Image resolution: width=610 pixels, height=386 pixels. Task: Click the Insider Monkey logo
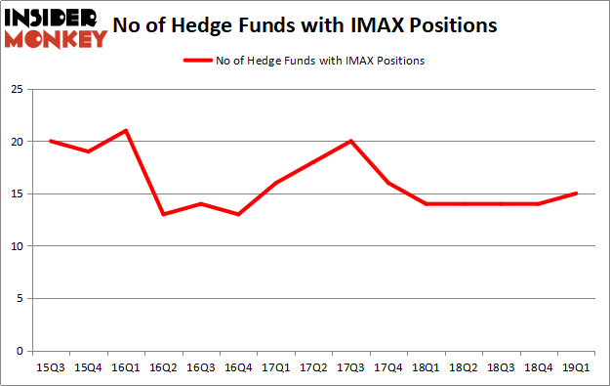[x=56, y=27]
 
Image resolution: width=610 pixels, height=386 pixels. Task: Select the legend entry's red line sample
[x=199, y=61]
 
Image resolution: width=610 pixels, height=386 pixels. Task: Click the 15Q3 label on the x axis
[x=50, y=367]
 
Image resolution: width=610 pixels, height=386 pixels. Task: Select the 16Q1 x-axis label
[x=125, y=367]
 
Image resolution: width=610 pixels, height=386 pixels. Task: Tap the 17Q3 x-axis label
[x=350, y=367]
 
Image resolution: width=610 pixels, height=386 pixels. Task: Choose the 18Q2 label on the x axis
[x=463, y=367]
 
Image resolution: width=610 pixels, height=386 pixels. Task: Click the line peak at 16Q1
[x=125, y=130]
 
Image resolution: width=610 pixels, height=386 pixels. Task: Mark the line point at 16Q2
[x=163, y=214]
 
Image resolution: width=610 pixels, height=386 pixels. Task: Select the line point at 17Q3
[x=350, y=141]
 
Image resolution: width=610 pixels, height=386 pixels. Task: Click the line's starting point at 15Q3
[x=50, y=141]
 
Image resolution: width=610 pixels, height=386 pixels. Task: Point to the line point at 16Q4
[x=238, y=214]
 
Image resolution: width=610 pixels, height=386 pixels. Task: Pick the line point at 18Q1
[x=426, y=203]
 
